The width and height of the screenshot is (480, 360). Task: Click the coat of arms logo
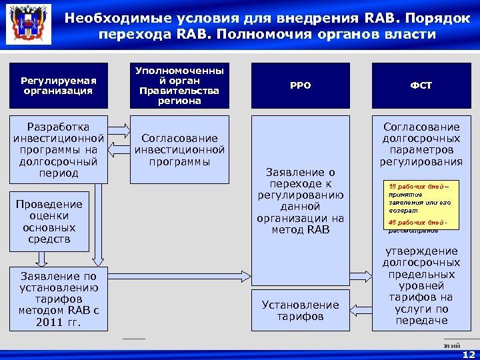tap(27, 27)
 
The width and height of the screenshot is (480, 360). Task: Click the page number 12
tap(469, 354)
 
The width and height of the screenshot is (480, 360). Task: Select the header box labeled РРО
tap(300, 86)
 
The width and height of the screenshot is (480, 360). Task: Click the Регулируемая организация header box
tap(59, 86)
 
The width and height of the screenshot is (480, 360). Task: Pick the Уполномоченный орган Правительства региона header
tap(179, 86)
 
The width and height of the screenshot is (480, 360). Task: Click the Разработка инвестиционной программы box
tap(59, 149)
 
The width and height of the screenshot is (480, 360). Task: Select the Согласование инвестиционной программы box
tap(179, 149)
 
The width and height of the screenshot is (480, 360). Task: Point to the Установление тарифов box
tap(300, 310)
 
